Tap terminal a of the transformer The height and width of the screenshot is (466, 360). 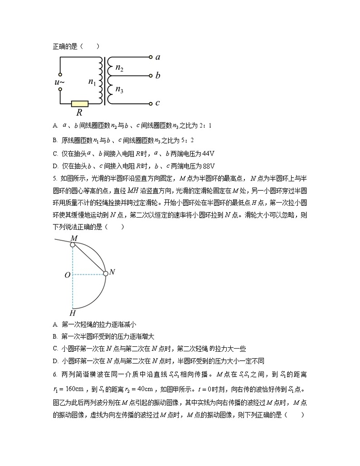coord(151,58)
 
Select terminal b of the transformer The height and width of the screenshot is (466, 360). coord(151,75)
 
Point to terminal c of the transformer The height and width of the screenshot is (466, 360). coord(151,104)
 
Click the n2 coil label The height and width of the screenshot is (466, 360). coord(119,68)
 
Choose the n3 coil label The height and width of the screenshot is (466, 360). coord(119,89)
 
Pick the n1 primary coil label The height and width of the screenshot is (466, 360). coord(92,82)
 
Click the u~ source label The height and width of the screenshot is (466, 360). coord(59,82)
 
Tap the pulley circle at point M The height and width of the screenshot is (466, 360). coord(73,245)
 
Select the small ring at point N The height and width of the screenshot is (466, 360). coord(106,273)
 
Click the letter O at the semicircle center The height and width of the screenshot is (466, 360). coord(67,275)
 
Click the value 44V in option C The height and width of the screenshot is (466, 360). coord(207,153)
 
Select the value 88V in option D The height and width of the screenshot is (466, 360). coord(207,165)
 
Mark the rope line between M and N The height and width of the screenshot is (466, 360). coord(89,259)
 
